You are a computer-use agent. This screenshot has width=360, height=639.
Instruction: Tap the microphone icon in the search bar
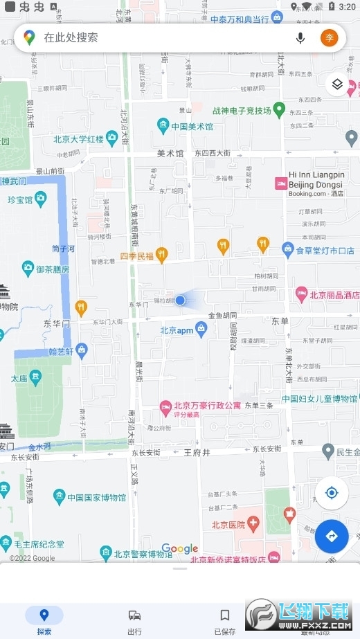[300, 37]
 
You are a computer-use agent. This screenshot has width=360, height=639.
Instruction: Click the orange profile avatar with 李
[330, 37]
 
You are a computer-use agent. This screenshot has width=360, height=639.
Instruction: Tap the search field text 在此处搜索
[71, 37]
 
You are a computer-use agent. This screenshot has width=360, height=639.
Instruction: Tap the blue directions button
[331, 536]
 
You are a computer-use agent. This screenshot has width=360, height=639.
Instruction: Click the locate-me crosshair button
[331, 493]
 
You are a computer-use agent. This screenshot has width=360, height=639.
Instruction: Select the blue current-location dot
[180, 300]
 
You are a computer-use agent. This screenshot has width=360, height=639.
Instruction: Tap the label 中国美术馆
[192, 127]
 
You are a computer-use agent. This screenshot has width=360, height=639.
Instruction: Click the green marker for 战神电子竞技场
[279, 109]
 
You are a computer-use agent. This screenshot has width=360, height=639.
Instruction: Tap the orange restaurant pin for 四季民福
[161, 255]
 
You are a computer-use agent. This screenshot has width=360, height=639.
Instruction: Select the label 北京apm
[177, 330]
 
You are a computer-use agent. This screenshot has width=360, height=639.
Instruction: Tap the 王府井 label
[197, 452]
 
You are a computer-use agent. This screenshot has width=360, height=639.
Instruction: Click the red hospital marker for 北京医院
[253, 524]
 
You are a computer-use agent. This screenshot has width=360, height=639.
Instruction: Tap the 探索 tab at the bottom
[44, 621]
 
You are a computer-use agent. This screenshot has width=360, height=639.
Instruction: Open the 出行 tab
[134, 621]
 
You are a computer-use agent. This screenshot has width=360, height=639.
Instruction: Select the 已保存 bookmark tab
[224, 621]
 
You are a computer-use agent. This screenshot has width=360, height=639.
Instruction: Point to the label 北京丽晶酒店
[334, 295]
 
